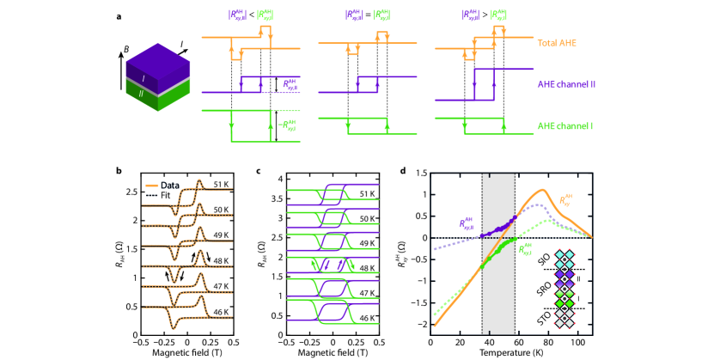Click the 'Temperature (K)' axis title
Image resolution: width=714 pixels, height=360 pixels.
(516, 353)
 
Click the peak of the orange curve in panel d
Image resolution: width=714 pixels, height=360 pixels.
(542, 190)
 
